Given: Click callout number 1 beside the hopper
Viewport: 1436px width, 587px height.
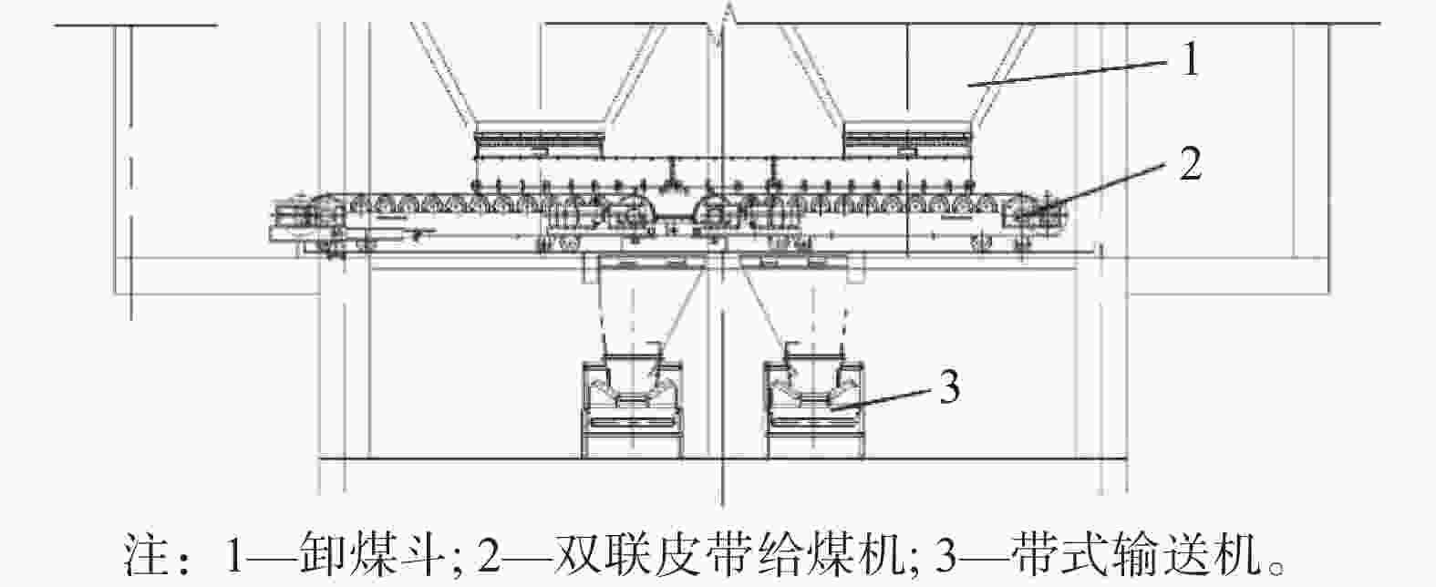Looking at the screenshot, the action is point(1190,59).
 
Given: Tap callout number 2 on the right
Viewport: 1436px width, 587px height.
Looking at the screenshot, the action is point(1190,163).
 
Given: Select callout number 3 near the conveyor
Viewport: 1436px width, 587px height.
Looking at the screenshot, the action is point(949,386).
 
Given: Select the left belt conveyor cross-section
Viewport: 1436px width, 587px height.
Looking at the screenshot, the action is point(632,407).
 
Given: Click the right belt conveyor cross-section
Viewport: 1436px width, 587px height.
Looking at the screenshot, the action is point(815,407).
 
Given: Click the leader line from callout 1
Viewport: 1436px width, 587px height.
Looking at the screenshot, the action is point(1067,73).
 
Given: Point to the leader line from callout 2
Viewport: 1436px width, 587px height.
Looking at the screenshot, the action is point(1096,187).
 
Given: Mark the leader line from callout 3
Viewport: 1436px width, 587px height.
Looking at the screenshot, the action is point(881,397).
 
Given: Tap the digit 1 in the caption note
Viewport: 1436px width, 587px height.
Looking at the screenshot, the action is point(234,553).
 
